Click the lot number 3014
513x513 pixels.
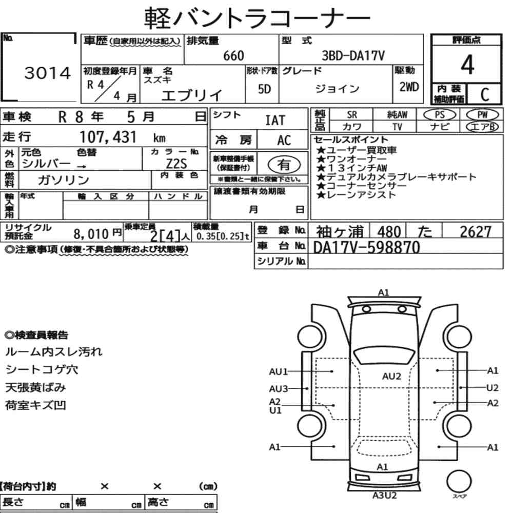tap(48, 73)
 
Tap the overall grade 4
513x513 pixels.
tap(467, 65)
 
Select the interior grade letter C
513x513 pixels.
tap(485, 94)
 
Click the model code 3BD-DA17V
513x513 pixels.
tap(353, 55)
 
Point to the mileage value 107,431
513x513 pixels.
tap(108, 137)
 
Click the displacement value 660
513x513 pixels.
tap(233, 55)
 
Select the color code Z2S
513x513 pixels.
tap(176, 163)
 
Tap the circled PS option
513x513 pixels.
tap(440, 115)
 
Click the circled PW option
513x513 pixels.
tap(482, 115)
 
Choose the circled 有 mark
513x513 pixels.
tap(284, 164)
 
